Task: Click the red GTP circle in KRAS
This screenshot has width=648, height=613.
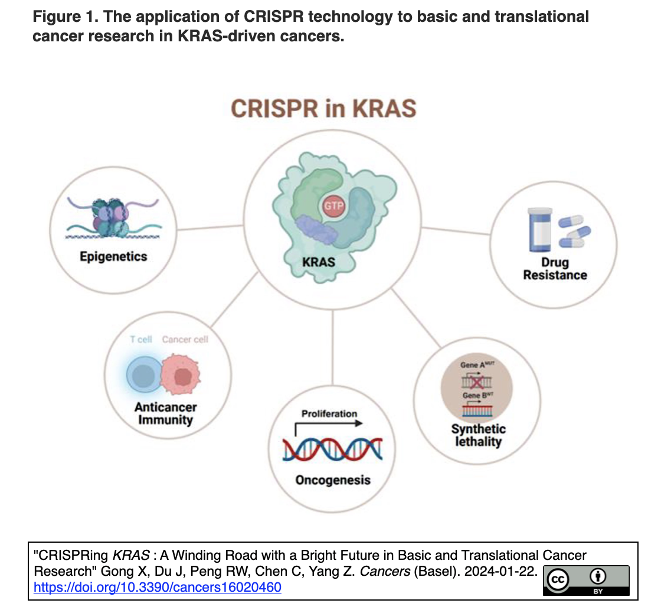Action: pos(333,206)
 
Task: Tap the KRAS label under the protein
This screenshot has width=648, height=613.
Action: pos(319,262)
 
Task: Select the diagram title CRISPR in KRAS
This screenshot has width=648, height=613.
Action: pos(323,109)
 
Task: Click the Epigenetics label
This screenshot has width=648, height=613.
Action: pos(113,256)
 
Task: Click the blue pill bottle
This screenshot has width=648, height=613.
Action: pos(540,230)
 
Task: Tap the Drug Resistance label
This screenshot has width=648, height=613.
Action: pos(555,269)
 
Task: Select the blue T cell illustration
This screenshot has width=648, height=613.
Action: pos(144,375)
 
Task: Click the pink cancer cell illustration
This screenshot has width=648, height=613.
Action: pos(181,374)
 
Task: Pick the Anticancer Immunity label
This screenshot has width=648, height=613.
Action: pos(165,413)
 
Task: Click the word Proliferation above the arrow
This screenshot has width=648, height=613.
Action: pos(329,413)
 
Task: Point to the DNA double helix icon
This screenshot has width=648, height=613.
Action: pos(333,449)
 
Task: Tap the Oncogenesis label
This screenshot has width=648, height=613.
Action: pos(333,480)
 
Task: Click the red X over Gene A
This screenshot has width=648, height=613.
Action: pos(476,382)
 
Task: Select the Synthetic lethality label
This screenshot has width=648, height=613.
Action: pos(479,435)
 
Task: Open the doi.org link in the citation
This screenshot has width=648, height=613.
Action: pos(158,588)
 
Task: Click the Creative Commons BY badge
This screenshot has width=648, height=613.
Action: pos(586,581)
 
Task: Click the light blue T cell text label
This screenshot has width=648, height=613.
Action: pos(141,340)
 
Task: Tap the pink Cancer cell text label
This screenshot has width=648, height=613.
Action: pos(185,340)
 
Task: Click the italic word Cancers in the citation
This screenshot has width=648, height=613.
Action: pos(385,571)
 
